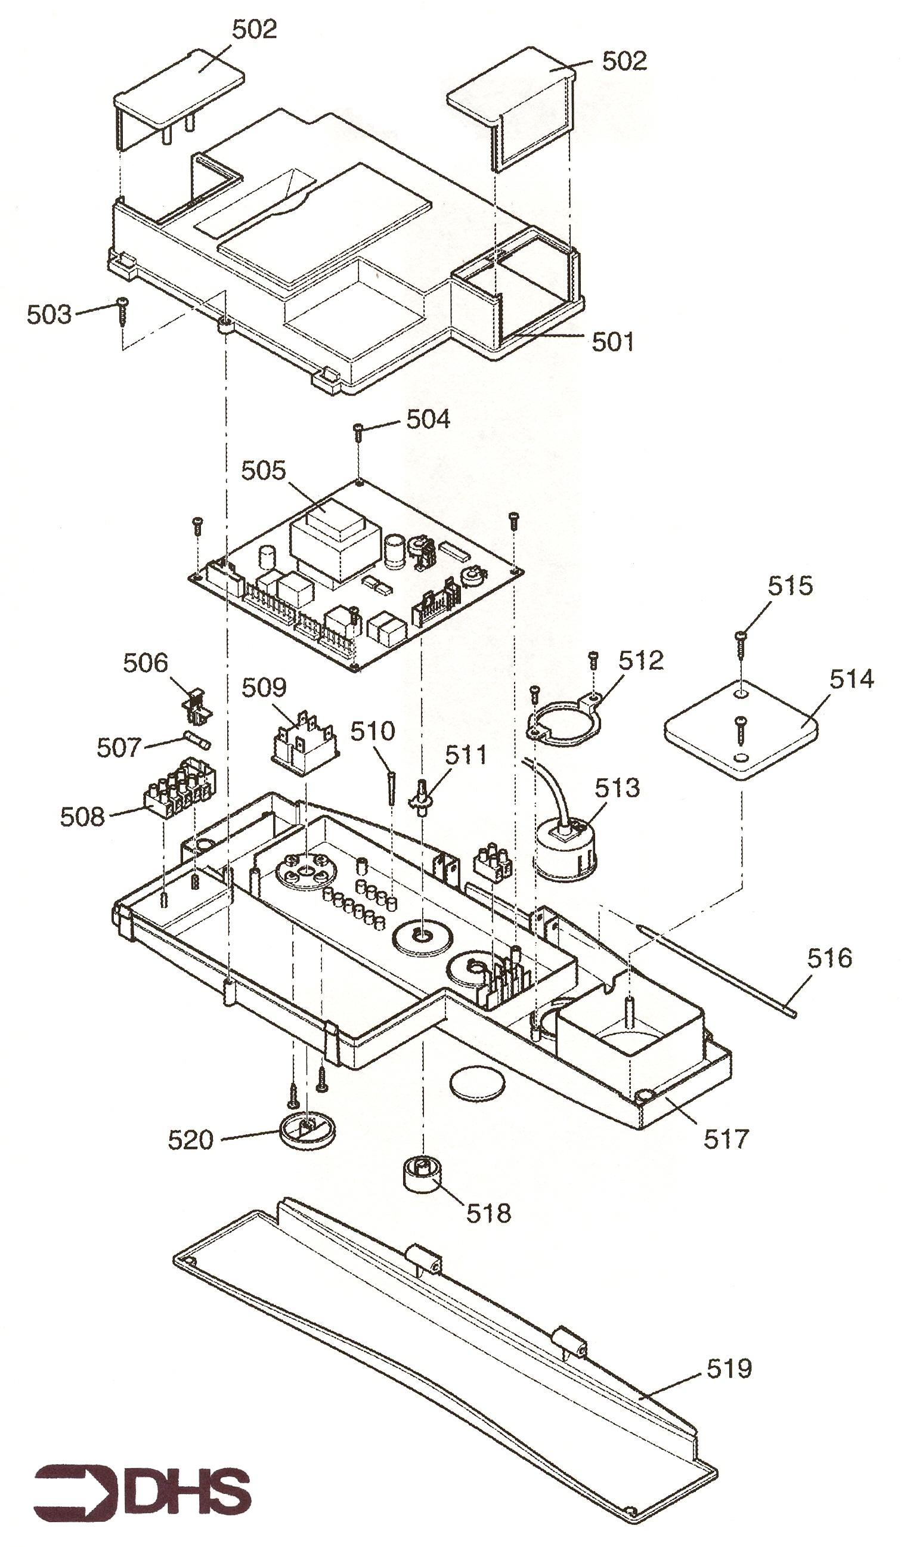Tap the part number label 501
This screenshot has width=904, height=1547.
click(x=612, y=342)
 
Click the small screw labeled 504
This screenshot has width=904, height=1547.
click(x=358, y=432)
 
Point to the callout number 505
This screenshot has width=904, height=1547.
click(x=264, y=471)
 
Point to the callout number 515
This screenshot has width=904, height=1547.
click(x=790, y=586)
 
